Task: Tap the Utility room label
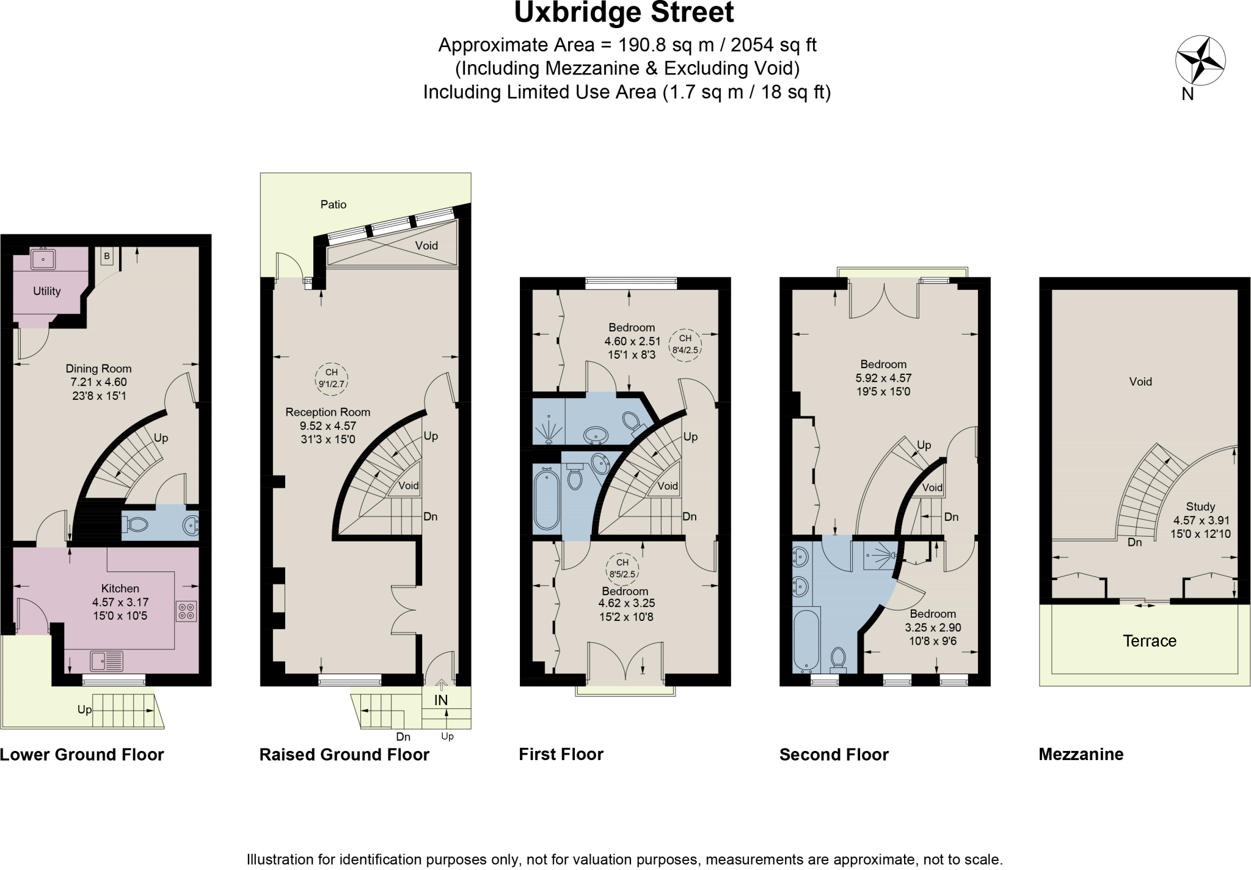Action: [46, 291]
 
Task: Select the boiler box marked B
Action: [107, 256]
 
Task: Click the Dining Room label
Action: [98, 369]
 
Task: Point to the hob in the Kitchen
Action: [186, 611]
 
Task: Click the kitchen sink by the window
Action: [106, 661]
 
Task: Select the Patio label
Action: [334, 205]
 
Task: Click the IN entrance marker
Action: [440, 700]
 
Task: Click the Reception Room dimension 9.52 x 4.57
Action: [328, 426]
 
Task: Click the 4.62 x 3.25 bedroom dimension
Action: [625, 603]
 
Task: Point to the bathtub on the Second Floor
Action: [805, 641]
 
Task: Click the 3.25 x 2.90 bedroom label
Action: [932, 628]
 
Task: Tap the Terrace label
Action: [1149, 641]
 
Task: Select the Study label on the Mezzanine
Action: [1200, 507]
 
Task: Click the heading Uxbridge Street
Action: [624, 13]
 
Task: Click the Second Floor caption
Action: [833, 755]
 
